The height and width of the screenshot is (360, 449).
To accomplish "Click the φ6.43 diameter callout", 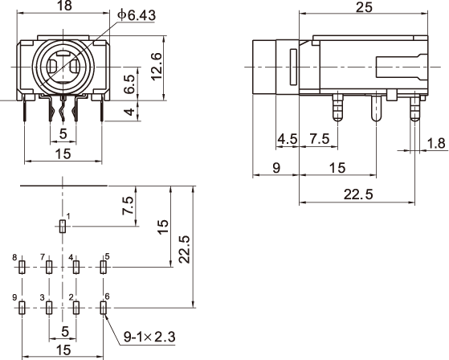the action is tap(137, 14).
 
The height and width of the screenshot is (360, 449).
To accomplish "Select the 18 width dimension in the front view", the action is tap(64, 5).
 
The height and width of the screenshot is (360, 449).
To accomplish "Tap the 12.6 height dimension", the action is tap(157, 67).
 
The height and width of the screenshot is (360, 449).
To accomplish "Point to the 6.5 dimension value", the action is tap(129, 84).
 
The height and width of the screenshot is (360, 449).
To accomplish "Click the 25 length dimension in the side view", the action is tap(364, 7).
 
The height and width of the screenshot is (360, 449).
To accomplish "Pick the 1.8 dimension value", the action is tap(436, 143).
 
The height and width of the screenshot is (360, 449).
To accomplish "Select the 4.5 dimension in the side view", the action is tap(288, 139).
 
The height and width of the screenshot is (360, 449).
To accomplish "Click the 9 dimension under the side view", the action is tap(276, 168).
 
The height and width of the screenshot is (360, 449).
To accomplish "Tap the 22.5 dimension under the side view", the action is tap(358, 194).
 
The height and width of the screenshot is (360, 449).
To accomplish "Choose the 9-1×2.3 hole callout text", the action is tap(149, 337).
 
